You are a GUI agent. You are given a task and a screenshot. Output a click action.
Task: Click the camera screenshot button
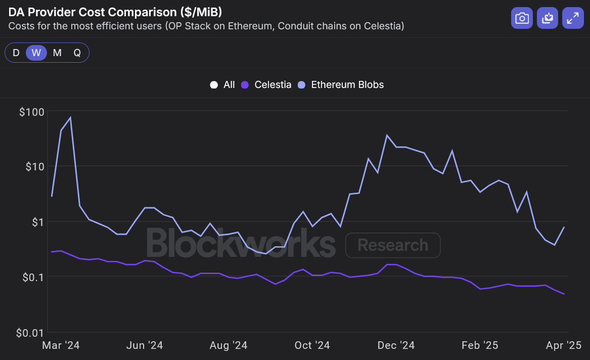click(522, 19)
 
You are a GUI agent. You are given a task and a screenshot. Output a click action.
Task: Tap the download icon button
click(548, 19)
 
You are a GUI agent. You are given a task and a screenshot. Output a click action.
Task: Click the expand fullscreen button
click(573, 19)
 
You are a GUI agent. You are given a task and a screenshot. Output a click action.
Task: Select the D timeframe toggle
click(16, 53)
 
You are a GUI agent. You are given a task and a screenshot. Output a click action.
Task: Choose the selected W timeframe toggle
click(36, 53)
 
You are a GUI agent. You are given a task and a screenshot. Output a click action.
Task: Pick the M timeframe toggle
click(57, 53)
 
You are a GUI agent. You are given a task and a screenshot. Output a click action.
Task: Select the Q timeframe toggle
click(77, 53)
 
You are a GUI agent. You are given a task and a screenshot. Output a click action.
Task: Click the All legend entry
click(222, 85)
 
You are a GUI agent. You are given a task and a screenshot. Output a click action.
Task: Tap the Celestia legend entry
click(267, 85)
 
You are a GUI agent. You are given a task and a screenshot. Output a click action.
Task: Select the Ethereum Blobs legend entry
click(341, 85)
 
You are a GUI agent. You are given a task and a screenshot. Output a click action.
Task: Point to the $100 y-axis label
click(32, 112)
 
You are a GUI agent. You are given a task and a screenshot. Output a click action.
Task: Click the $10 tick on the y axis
click(34, 166)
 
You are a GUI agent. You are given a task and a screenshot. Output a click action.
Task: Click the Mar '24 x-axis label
click(61, 345)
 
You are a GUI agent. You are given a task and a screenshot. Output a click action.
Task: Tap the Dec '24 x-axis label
click(396, 345)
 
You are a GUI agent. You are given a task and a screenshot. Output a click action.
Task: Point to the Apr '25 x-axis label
click(563, 345)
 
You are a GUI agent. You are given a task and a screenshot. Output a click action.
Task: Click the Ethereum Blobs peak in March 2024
click(70, 118)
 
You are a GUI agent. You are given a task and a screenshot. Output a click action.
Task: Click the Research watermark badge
click(393, 245)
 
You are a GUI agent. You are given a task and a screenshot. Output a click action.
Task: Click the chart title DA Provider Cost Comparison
click(116, 12)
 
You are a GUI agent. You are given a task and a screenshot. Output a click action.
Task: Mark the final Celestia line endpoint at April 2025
click(564, 294)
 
